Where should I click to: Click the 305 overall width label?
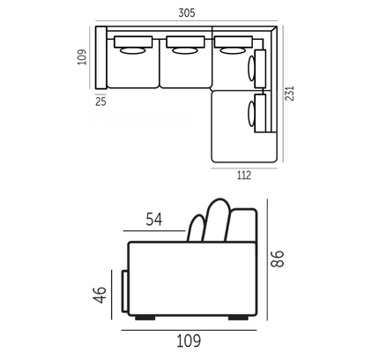point(187,12)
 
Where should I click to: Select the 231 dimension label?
point(290,94)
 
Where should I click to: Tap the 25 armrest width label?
point(100,101)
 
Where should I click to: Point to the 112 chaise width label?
point(244,175)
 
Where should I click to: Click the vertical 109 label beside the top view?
point(83,57)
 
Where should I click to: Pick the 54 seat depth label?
point(154,220)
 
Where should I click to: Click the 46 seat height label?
point(100,295)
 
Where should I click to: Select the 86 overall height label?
point(278,259)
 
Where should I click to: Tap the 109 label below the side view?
point(189,341)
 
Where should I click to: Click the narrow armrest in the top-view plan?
point(101,57)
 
